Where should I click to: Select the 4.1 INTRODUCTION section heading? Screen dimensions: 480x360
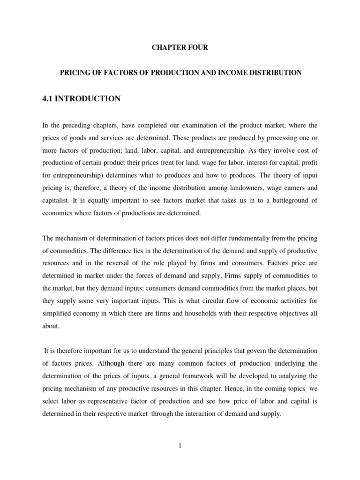(x=82, y=98)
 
